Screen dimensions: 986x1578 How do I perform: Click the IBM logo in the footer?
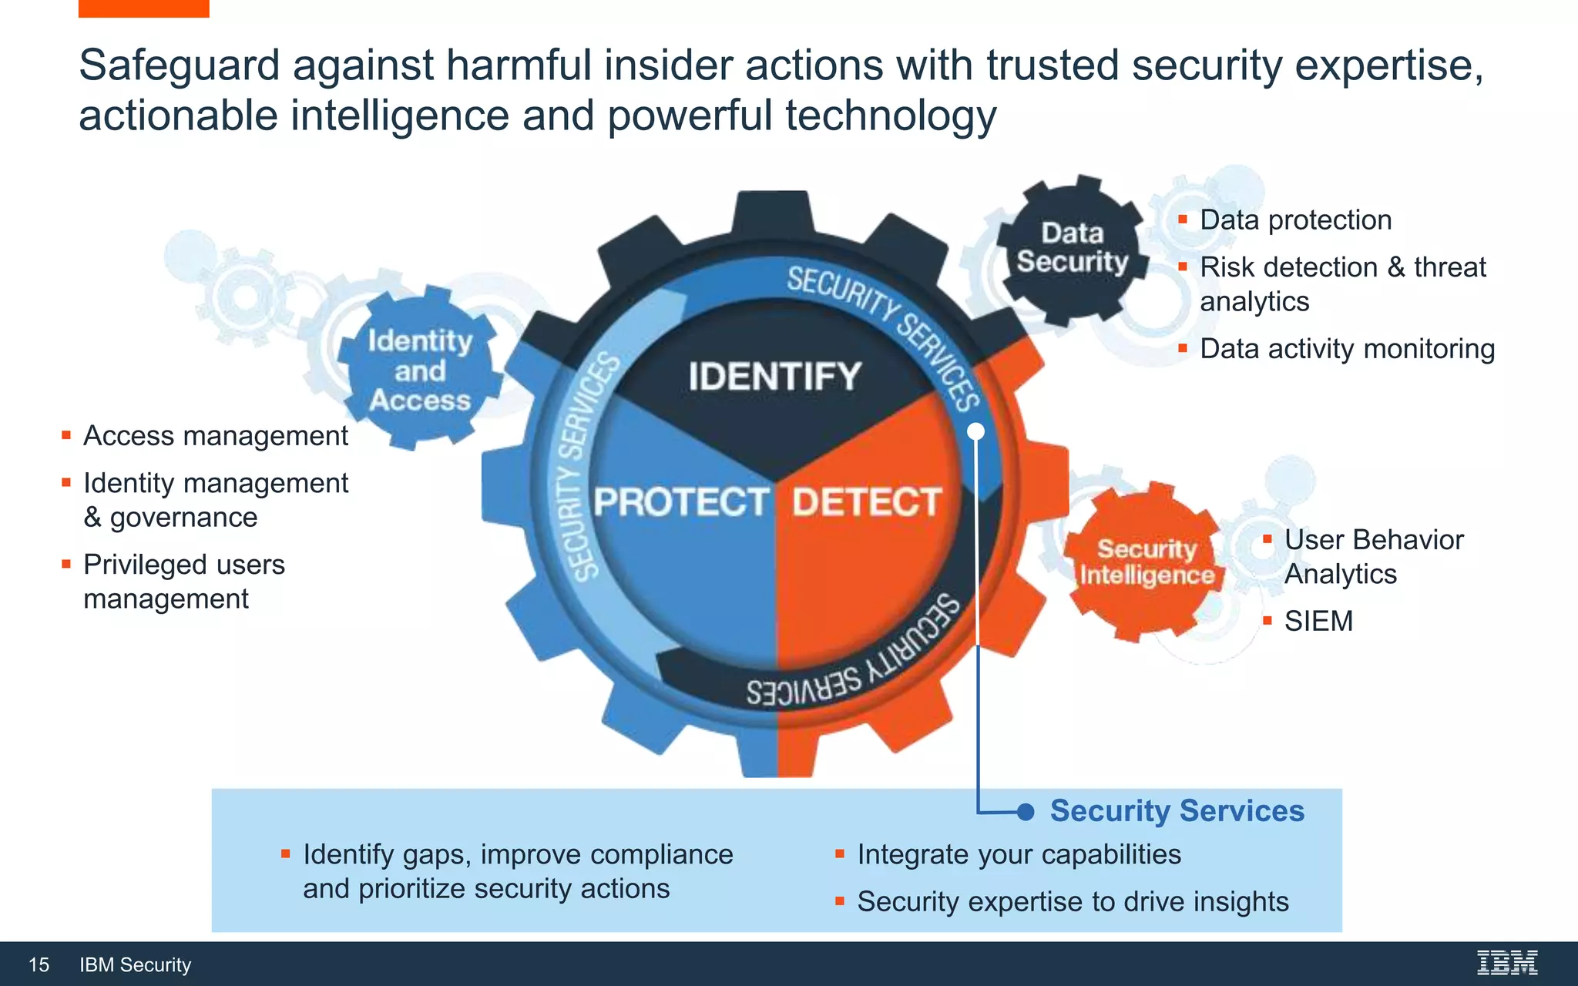click(1507, 963)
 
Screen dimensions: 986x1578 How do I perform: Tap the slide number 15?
click(39, 964)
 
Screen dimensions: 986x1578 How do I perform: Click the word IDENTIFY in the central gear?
click(774, 377)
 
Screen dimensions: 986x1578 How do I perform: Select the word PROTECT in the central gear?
click(680, 502)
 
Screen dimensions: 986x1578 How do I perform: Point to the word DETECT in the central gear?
click(867, 502)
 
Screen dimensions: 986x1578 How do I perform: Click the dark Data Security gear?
click(1072, 247)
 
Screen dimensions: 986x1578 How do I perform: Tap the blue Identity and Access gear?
click(420, 371)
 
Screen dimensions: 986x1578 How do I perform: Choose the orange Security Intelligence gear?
click(1147, 562)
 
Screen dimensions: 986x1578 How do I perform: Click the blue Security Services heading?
click(1177, 810)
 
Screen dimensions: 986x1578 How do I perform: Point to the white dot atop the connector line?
click(975, 431)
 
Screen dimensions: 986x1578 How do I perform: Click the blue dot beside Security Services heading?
click(1025, 812)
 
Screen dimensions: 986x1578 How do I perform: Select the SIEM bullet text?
click(1318, 621)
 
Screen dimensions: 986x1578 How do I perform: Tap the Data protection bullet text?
click(1295, 220)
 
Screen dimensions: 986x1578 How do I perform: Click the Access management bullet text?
click(216, 436)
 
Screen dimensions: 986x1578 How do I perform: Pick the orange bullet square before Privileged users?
click(66, 564)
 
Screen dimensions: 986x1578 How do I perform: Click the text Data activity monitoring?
click(1347, 349)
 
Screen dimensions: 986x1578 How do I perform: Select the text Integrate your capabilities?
click(1019, 854)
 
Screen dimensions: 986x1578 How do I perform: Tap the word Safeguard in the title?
click(179, 65)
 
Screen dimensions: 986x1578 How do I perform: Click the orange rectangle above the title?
click(143, 8)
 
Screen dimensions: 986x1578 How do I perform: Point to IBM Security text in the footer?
click(135, 964)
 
